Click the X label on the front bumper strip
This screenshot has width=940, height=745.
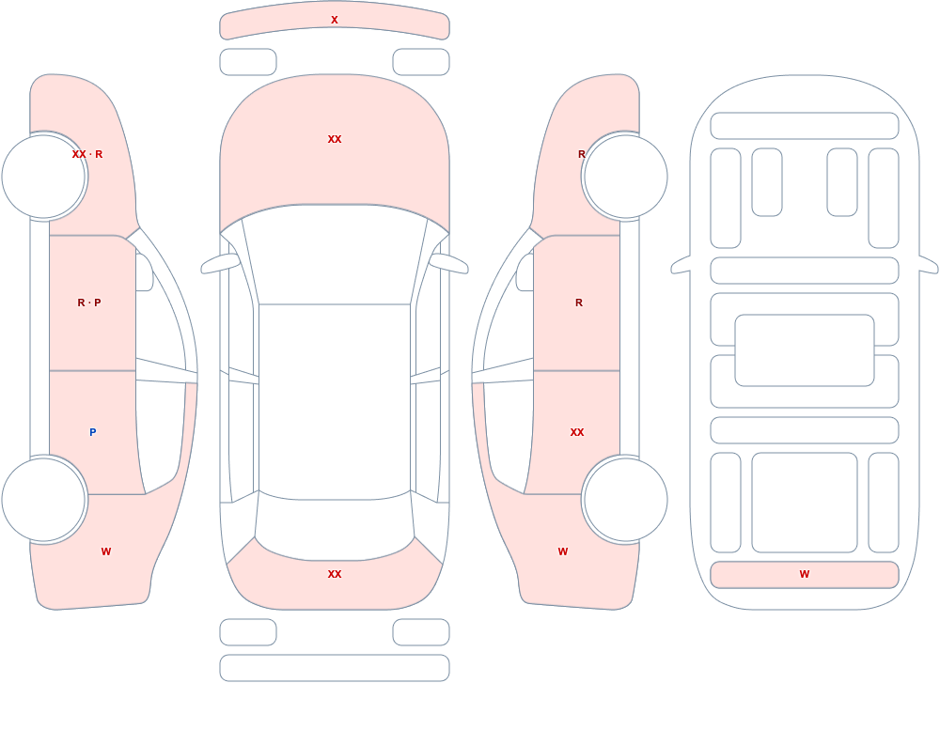pos(335,20)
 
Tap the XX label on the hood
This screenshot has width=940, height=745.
pos(335,139)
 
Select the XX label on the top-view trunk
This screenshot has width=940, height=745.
pos(335,574)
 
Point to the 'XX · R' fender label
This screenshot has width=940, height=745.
pos(86,154)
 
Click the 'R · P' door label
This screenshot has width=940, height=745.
pos(89,303)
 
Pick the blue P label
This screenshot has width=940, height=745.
pos(92,432)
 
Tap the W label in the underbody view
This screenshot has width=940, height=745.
pos(805,574)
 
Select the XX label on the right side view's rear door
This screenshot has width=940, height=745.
pos(577,432)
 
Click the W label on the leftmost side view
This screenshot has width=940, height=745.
pos(106,551)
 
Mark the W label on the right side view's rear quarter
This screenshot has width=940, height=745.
pos(563,551)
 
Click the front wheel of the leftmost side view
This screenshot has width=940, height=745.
pos(44,177)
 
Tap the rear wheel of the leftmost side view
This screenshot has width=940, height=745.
pos(44,500)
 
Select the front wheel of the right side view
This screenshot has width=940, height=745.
pos(625,177)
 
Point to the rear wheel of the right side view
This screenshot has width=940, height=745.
pos(625,500)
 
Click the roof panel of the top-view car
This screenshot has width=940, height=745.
pos(335,401)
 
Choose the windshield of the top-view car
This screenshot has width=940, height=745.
pos(335,255)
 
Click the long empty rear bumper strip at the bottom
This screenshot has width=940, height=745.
pos(335,668)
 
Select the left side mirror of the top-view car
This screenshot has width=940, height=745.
pos(219,264)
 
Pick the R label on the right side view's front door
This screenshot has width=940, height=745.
pos(578,303)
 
